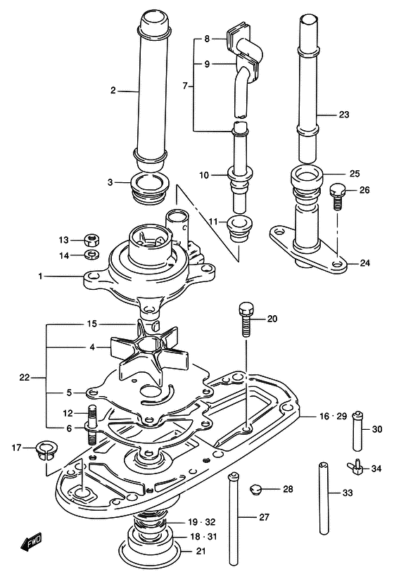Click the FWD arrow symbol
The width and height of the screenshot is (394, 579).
[x=31, y=543]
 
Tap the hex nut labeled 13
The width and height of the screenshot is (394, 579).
[x=90, y=241]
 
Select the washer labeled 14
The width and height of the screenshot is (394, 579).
[x=90, y=255]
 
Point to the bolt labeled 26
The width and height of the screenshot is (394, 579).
[x=336, y=196]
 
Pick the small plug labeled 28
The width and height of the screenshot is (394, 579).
[x=255, y=489]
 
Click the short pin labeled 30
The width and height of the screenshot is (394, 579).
[x=357, y=431]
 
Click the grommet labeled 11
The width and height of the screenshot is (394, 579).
[x=239, y=229]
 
